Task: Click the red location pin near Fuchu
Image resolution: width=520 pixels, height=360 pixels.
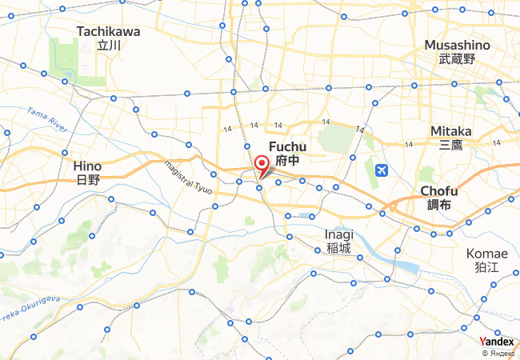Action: tap(261, 166)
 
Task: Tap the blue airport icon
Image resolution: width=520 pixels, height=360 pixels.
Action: tap(381, 170)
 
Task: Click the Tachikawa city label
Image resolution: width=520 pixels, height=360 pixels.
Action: tap(108, 32)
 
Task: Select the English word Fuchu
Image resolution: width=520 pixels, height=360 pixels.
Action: tap(288, 146)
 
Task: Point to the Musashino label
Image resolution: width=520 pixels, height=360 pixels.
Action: tap(457, 45)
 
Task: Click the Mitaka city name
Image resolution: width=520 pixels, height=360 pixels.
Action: tap(451, 130)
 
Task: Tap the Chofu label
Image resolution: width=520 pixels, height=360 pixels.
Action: tap(439, 191)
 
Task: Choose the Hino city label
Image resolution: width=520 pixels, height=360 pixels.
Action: tap(88, 166)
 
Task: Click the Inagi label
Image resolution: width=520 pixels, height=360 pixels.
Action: tap(338, 234)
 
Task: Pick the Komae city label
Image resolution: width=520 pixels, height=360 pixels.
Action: tap(487, 254)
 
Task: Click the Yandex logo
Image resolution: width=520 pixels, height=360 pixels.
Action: tap(497, 342)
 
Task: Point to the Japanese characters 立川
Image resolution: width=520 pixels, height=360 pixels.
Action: tap(108, 46)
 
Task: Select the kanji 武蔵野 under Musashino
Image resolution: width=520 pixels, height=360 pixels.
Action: tap(457, 59)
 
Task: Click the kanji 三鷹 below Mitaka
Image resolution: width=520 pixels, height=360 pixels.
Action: tap(451, 145)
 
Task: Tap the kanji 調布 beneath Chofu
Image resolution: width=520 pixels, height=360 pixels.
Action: tap(439, 206)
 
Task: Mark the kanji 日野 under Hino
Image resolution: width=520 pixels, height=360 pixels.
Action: tap(88, 180)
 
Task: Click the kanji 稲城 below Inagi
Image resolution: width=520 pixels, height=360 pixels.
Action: tap(338, 249)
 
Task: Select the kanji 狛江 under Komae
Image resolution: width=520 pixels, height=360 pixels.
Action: tap(487, 268)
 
